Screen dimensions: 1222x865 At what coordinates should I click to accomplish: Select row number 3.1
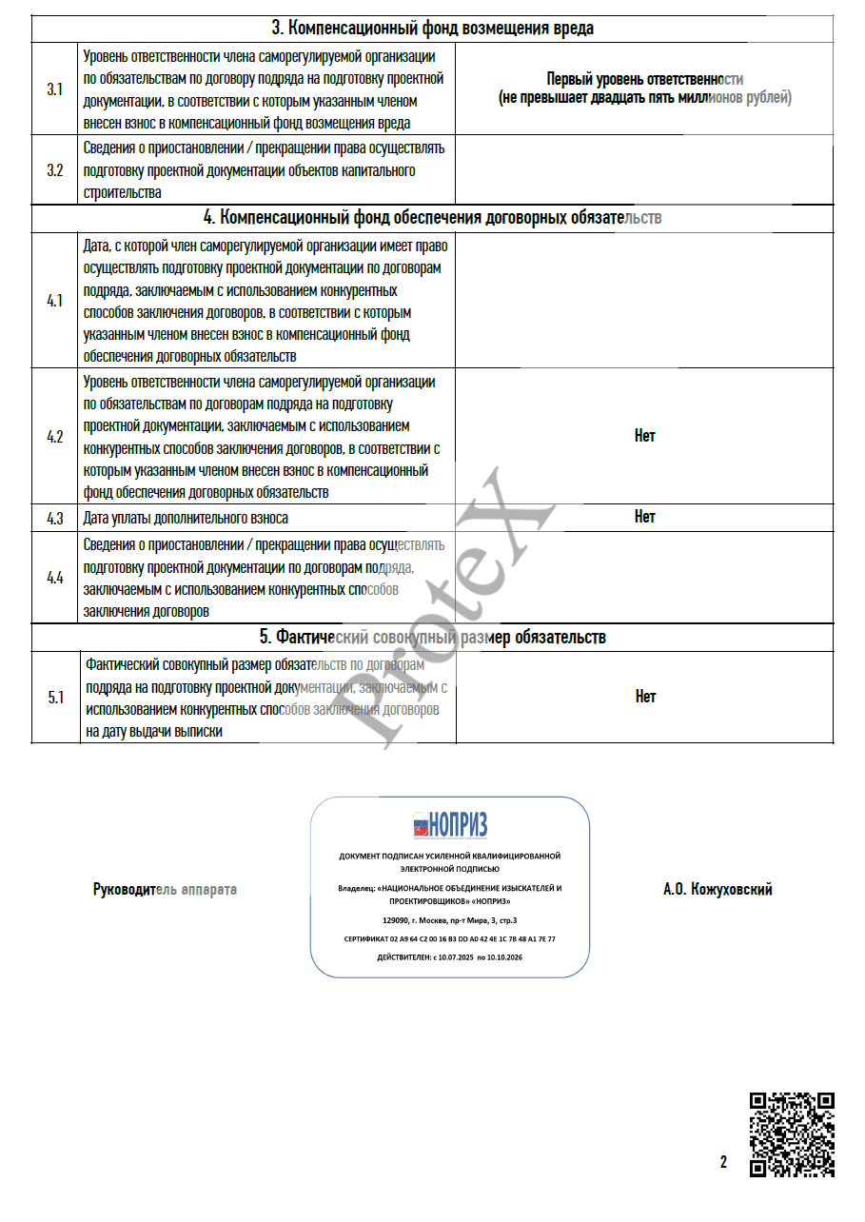coord(55,89)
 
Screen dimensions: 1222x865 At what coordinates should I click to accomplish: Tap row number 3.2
coord(55,170)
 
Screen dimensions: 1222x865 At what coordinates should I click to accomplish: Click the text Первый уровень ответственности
coord(644,80)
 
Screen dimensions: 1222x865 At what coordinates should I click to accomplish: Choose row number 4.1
coord(55,301)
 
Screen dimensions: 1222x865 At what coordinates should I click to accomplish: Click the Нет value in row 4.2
coord(644,436)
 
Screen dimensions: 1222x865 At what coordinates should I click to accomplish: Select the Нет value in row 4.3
coord(644,517)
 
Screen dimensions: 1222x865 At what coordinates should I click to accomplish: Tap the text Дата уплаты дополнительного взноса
coord(186,519)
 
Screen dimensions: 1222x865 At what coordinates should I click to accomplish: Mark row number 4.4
coord(55,578)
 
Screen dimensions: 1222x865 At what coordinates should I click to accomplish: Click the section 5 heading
coord(433,637)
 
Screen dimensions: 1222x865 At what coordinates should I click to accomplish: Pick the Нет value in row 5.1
coord(644,697)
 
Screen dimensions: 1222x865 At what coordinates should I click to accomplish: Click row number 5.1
coord(55,698)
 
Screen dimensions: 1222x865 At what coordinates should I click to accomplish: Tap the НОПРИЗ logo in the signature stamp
coord(450,824)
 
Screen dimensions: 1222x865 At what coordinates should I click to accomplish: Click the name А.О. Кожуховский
coord(718,890)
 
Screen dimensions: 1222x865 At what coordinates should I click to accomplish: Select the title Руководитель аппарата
coord(165,890)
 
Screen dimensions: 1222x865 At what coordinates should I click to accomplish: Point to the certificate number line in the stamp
coord(450,938)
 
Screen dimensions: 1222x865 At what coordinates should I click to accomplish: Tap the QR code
coord(793,1134)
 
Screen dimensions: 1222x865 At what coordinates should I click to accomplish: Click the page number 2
coord(723,1162)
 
